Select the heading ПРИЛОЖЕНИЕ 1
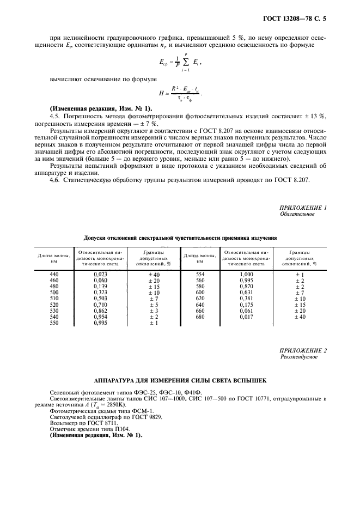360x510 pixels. tap(303, 208)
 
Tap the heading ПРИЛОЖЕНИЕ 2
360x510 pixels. tap(303, 350)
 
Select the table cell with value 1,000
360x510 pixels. tap(246, 274)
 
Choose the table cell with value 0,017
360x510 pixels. tap(246, 317)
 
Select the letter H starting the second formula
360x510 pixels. tap(161, 94)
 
